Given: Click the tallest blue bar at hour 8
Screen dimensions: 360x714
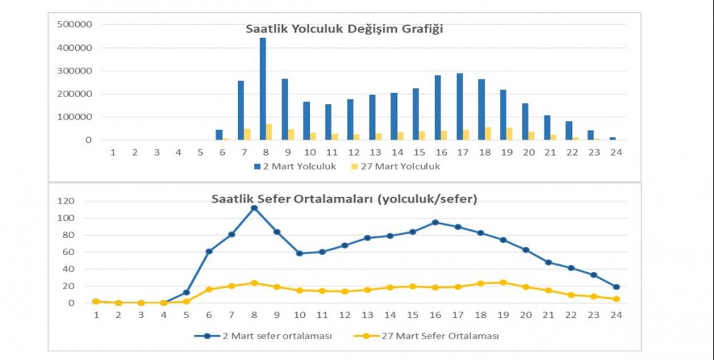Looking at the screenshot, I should pyautogui.click(x=263, y=89).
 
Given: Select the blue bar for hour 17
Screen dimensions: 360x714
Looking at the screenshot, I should pyautogui.click(x=460, y=106).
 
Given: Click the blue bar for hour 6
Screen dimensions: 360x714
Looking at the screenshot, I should pyautogui.click(x=219, y=135).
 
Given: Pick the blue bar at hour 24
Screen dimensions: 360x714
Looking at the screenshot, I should pyautogui.click(x=612, y=139).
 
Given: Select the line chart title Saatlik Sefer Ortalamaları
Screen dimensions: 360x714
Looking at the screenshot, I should pyautogui.click(x=344, y=199).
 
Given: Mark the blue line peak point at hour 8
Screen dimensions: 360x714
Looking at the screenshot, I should pyautogui.click(x=253, y=208).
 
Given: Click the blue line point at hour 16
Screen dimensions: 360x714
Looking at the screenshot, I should pyautogui.click(x=435, y=222).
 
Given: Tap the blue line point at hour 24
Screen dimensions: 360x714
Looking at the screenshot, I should pyautogui.click(x=615, y=287).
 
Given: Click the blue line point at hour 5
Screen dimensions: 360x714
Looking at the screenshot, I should pyautogui.click(x=186, y=292).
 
